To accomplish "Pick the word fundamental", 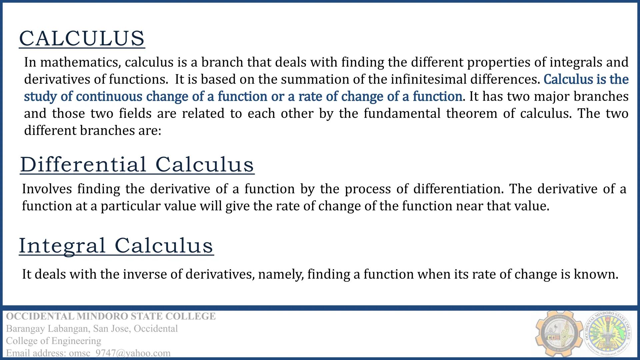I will pyautogui.click(x=402, y=113).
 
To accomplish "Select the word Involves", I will pyautogui.click(x=47, y=189).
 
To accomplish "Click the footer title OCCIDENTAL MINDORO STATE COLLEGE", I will pyautogui.click(x=111, y=316).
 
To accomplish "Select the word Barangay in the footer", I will pyautogui.click(x=25, y=329).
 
